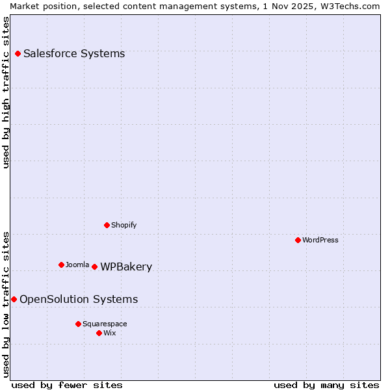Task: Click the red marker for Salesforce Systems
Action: (x=18, y=53)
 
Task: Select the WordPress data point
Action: (x=298, y=240)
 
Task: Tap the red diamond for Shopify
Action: (x=107, y=225)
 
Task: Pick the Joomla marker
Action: (x=61, y=265)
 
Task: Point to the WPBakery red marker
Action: (x=94, y=266)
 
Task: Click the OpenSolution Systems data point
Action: (x=14, y=299)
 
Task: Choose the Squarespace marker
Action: (x=78, y=324)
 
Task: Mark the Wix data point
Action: (x=99, y=333)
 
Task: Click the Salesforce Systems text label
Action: (x=74, y=53)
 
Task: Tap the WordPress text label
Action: (x=320, y=240)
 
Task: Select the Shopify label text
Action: (x=123, y=225)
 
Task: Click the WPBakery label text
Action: (x=126, y=266)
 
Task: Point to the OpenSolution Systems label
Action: (x=79, y=299)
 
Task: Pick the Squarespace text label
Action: (x=105, y=324)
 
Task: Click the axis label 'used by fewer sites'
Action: (x=67, y=385)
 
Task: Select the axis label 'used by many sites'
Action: (x=326, y=385)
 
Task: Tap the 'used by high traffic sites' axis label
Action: (x=6, y=92)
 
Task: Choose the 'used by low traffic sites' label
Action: (x=6, y=304)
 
